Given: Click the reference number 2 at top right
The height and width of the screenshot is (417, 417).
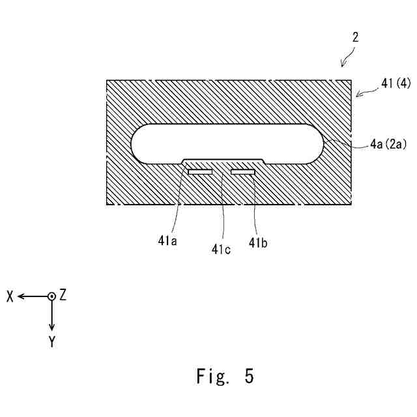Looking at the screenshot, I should [x=355, y=38].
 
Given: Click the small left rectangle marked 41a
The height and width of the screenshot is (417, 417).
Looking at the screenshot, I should [x=200, y=172].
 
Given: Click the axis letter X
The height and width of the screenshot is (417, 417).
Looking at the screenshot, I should [x=10, y=296].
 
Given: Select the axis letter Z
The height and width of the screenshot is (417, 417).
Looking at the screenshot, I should [x=63, y=295].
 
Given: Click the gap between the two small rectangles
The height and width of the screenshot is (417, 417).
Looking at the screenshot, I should [x=222, y=172].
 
